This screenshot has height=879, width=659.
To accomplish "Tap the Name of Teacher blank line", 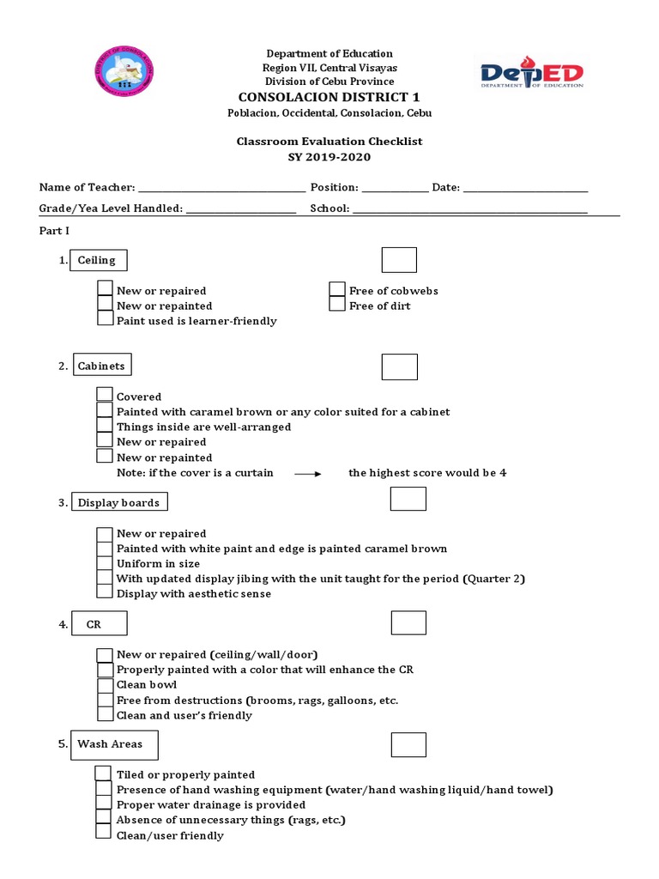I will pos(221,188).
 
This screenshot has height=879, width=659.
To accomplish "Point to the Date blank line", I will pos(525,188).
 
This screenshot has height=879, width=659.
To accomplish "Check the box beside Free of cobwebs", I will pos(337,289).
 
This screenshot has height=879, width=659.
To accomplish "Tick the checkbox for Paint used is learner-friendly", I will pos(105,318).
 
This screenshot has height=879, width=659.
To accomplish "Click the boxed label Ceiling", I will pos(99,260).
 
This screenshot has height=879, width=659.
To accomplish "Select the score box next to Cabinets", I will pos(399,367).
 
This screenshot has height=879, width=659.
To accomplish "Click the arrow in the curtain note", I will pos(307,474).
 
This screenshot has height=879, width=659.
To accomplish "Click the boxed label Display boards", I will pos(118,502).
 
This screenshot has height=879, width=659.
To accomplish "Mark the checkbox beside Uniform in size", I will pos(105,563).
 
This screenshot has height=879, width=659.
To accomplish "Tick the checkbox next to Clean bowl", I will pos(105,684).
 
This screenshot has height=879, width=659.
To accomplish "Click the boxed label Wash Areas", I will pos(114,744).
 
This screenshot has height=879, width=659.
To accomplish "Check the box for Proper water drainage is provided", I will pos(103,803).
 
